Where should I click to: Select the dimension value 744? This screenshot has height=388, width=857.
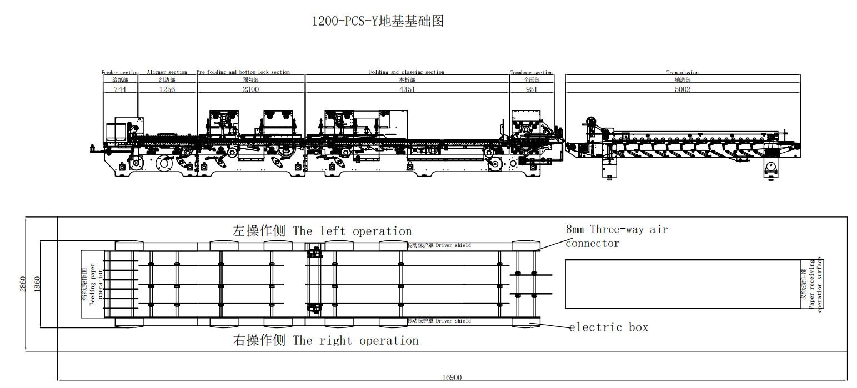coord(120,89)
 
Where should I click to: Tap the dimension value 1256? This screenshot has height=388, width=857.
coord(167,89)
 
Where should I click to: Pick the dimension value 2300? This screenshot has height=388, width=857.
coord(250,89)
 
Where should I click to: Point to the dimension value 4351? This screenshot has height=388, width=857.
coord(407,89)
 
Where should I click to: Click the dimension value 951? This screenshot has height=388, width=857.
coord(532,89)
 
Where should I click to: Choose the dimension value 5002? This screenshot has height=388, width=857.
coord(683,89)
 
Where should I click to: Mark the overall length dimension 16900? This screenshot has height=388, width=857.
coord(452,377)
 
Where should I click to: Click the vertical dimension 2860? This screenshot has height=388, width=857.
coord(23,284)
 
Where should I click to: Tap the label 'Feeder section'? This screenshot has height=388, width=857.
coord(120,73)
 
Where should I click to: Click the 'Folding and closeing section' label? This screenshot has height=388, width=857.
coord(407,72)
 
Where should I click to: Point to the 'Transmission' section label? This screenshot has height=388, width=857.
coord(683,73)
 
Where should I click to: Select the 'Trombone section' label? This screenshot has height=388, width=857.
coord(532,73)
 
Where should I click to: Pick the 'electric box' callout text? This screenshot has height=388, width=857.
coord(609,327)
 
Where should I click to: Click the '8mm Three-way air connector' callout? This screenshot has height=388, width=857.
coord(617,236)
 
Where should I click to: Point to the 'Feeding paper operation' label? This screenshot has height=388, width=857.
coord(93,284)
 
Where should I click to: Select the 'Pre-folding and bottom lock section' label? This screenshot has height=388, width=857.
coord(243,72)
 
